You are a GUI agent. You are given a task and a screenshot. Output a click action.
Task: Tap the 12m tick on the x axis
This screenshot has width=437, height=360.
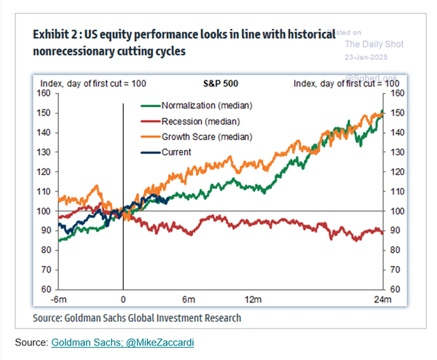(x=253, y=300)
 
